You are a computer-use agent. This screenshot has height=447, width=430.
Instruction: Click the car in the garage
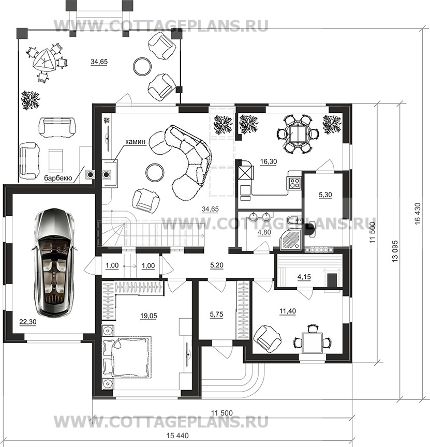point(54,262)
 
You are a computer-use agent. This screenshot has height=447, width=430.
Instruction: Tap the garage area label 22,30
point(28,322)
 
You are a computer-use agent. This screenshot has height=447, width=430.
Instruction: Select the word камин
point(136,141)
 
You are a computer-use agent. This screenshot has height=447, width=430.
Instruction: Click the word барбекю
point(58,178)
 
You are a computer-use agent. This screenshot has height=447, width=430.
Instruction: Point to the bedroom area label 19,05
point(149,316)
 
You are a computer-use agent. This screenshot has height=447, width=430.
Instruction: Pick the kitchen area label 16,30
point(269,161)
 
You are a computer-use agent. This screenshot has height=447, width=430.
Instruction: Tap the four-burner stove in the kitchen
point(294,183)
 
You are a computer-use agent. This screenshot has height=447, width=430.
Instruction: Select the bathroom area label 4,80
point(264,232)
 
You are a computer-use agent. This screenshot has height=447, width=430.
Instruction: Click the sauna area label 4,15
point(304,277)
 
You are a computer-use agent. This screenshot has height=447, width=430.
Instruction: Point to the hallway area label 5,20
point(217,265)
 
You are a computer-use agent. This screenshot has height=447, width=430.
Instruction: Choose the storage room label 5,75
point(216,315)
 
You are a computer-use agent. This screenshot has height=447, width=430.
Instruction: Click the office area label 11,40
point(288,311)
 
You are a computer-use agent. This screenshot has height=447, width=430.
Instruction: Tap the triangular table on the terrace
point(43,61)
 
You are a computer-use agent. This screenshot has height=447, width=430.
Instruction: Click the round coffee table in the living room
point(155,172)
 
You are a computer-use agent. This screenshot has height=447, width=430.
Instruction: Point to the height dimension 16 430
point(418,214)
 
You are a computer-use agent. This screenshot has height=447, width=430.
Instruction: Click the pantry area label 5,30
point(325,195)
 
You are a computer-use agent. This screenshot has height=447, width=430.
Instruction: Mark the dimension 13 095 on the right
point(395,251)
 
